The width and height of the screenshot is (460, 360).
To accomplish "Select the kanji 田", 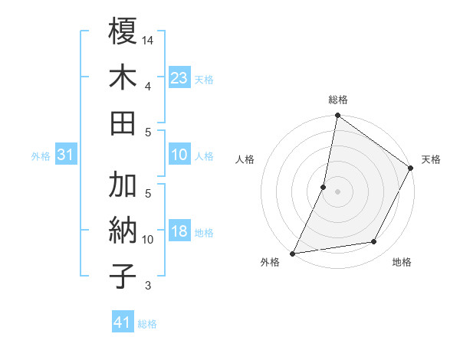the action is coord(123,123).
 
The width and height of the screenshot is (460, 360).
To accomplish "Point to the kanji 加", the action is coord(123,185).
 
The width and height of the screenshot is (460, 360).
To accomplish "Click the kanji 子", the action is coord(123,276).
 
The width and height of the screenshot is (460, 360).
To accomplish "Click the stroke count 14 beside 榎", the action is coord(149,39).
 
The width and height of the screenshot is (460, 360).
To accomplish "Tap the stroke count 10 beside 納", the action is coord(149,240).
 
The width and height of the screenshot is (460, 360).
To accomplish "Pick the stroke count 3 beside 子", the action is coord(148,286).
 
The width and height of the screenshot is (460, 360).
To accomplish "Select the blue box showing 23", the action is coord(179,77).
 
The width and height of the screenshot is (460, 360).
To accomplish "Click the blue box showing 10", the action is coord(179,155).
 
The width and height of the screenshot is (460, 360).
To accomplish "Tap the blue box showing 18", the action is coord(179,231).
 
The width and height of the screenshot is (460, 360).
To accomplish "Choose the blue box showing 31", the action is coord(66,155).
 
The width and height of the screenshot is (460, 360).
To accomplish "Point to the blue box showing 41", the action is coord(123,322).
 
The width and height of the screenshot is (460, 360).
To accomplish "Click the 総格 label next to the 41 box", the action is coord(147,324).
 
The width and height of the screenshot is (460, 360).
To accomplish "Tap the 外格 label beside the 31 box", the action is coord(41,156).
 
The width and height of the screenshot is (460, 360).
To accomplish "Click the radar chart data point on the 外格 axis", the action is coord(293,253).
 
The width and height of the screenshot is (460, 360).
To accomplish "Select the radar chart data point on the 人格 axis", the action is coord(324,187).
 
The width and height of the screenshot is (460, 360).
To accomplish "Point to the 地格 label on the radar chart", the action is coord(402,263).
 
